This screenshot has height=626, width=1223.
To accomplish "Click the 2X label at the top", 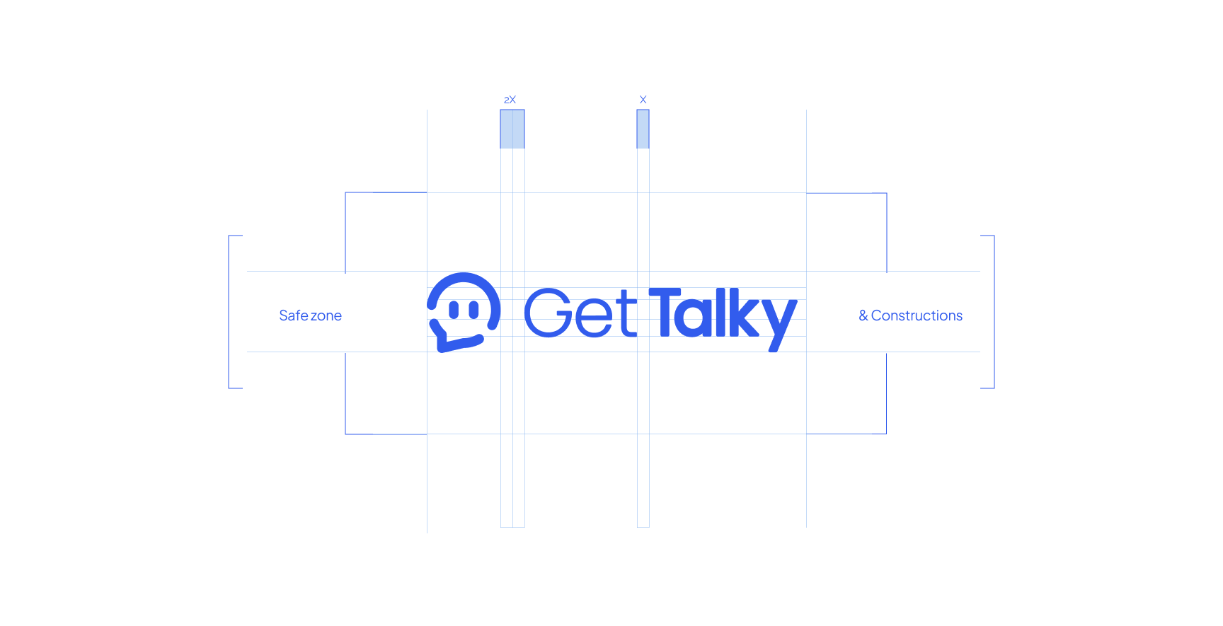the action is pyautogui.click(x=510, y=100).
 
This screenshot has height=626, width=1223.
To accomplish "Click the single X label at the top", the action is pyautogui.click(x=643, y=100).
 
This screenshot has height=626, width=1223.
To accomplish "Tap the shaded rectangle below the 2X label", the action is pyautogui.click(x=512, y=129).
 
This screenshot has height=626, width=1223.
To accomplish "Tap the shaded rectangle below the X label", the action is pyautogui.click(x=643, y=129).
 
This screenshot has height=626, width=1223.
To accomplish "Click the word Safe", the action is pyautogui.click(x=294, y=315).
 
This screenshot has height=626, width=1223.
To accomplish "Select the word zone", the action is pyautogui.click(x=326, y=316).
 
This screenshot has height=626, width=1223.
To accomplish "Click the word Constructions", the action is pyautogui.click(x=917, y=315).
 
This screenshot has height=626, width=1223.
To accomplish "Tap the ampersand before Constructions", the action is pyautogui.click(x=863, y=315).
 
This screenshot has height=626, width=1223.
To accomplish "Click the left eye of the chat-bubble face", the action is pyautogui.click(x=454, y=310).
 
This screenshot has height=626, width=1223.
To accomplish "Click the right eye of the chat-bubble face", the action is pyautogui.click(x=473, y=310).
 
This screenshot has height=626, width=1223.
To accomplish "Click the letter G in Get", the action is pyautogui.click(x=547, y=312).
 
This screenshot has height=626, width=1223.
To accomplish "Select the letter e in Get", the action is pyautogui.click(x=594, y=318).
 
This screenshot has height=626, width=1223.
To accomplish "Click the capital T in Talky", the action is pyautogui.click(x=665, y=311).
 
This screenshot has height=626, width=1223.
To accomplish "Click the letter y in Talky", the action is pyautogui.click(x=779, y=325).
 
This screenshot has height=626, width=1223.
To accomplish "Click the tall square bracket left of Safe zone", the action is pyautogui.click(x=229, y=312).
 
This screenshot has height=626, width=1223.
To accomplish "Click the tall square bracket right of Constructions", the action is pyautogui.click(x=994, y=312).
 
